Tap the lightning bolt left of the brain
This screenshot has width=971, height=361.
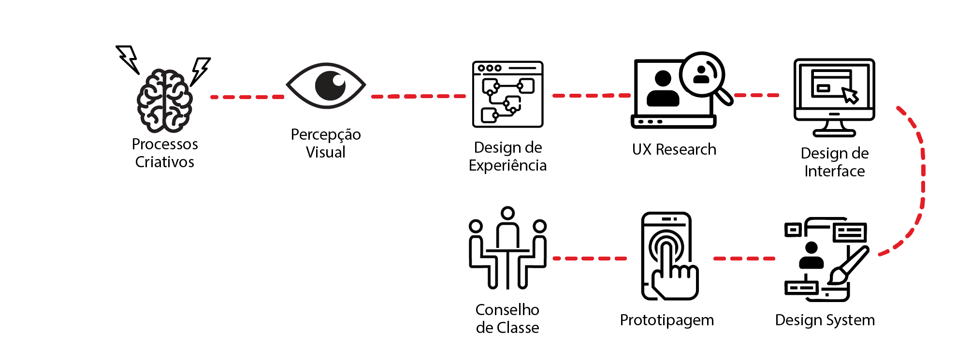click(x=128, y=58)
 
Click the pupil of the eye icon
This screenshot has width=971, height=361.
click(x=331, y=86)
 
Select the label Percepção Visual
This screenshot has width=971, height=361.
click(x=326, y=143)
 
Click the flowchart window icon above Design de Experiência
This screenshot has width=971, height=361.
click(x=507, y=94)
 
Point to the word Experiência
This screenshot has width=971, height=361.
click(x=507, y=166)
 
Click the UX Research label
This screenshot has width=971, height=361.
click(x=674, y=150)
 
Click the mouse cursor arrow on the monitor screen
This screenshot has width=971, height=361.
click(x=850, y=95)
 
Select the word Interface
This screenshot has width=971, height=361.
click(x=834, y=171)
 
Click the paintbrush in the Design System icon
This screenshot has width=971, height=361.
click(x=848, y=265)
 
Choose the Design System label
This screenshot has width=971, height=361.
click(x=825, y=320)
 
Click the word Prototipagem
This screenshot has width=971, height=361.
click(x=667, y=320)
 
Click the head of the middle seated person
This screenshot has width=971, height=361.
click(x=507, y=213)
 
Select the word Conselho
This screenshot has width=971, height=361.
click(x=507, y=310)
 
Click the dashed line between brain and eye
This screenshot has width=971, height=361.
click(x=247, y=97)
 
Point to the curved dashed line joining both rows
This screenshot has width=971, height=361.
click(x=923, y=179)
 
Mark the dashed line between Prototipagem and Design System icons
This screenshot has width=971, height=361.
click(x=744, y=259)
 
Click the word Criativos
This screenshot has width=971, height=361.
click(x=164, y=162)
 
